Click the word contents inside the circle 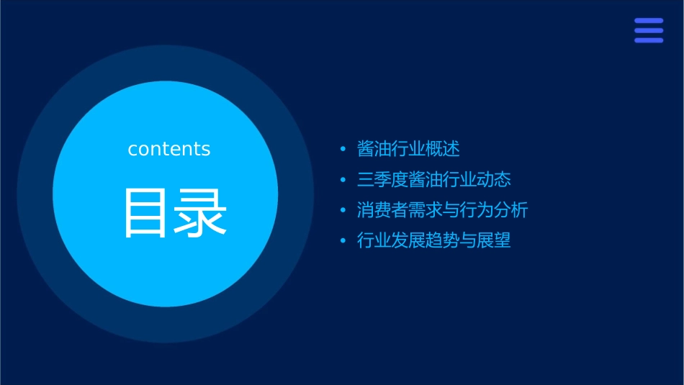point(169,149)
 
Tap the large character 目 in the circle point(146,213)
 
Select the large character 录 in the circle point(199,213)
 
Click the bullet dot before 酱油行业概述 point(343,150)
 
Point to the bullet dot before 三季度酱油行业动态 point(343,180)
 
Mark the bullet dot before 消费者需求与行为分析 point(343,211)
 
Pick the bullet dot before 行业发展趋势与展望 point(343,241)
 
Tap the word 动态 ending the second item point(494,180)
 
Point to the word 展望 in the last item point(494,240)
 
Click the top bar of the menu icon point(649,21)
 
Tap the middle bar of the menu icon point(649,30)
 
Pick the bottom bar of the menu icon point(649,40)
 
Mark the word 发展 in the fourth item point(408,240)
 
